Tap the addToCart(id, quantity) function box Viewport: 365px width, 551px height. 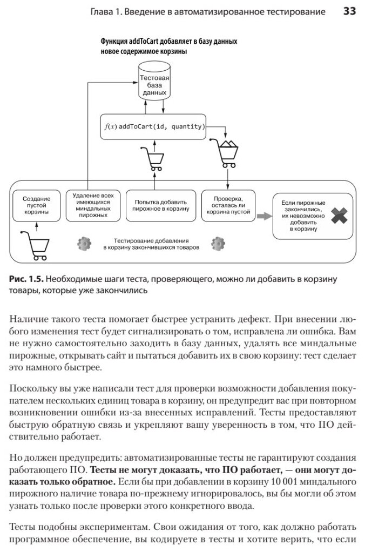(x=154, y=127)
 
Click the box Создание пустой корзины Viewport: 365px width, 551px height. (x=37, y=205)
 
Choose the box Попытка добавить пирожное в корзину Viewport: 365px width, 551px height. (x=161, y=205)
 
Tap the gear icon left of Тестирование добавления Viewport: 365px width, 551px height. (x=83, y=243)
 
